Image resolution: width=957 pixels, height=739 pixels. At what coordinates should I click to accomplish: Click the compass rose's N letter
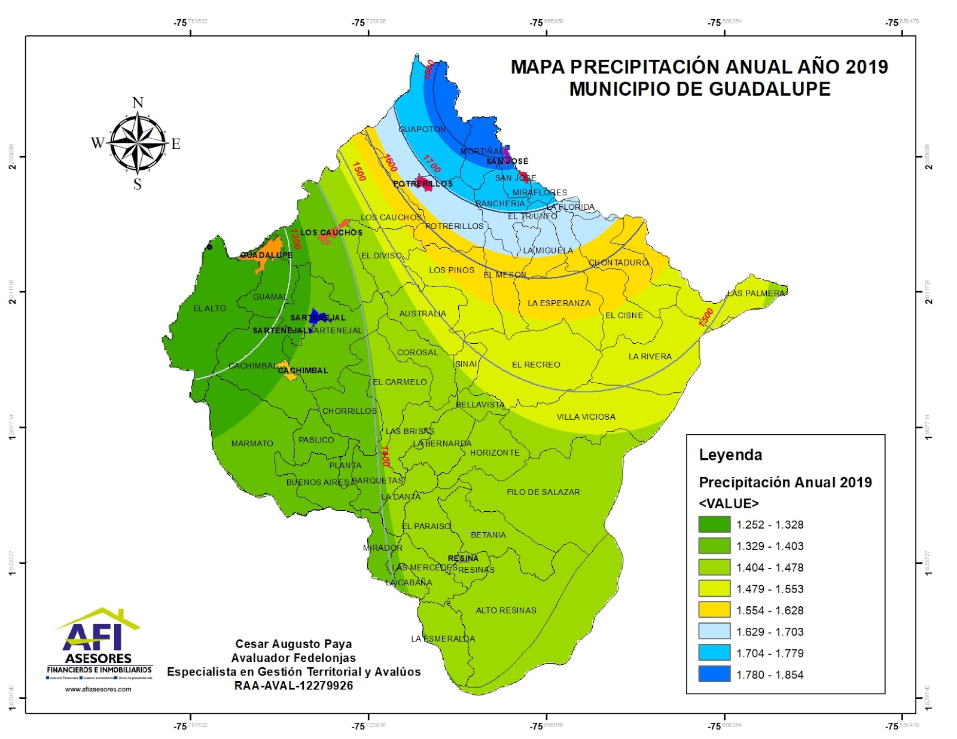pos(138,102)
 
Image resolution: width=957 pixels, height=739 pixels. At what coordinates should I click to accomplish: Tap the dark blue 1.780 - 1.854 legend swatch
pos(714,674)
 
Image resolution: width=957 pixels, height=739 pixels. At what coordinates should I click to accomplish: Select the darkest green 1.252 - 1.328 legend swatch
pos(714,524)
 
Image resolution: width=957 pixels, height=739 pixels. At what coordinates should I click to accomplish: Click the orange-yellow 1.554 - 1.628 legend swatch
pos(714,610)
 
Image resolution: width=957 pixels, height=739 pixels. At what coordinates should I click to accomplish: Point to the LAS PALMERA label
pos(756,293)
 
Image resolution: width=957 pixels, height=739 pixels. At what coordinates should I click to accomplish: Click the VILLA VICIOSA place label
pos(586,417)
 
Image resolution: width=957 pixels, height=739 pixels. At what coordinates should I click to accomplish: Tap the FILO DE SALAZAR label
pos(543,492)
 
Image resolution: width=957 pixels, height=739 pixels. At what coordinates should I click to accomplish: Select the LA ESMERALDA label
pos(443,639)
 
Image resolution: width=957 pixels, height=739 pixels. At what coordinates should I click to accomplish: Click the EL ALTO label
pos(209,309)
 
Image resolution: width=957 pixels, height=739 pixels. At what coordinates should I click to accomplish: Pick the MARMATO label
pos(252,444)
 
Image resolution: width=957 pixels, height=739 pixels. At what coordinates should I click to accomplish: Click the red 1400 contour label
pos(385,456)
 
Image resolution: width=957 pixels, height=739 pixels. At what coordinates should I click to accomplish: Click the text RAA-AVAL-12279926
pos(293,686)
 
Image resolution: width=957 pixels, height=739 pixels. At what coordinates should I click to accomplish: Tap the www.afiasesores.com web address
pos(98,689)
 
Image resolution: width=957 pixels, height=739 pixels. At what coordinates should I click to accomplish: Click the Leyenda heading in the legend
pos(730,455)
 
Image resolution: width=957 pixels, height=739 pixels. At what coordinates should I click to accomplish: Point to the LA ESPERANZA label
pos(559,303)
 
